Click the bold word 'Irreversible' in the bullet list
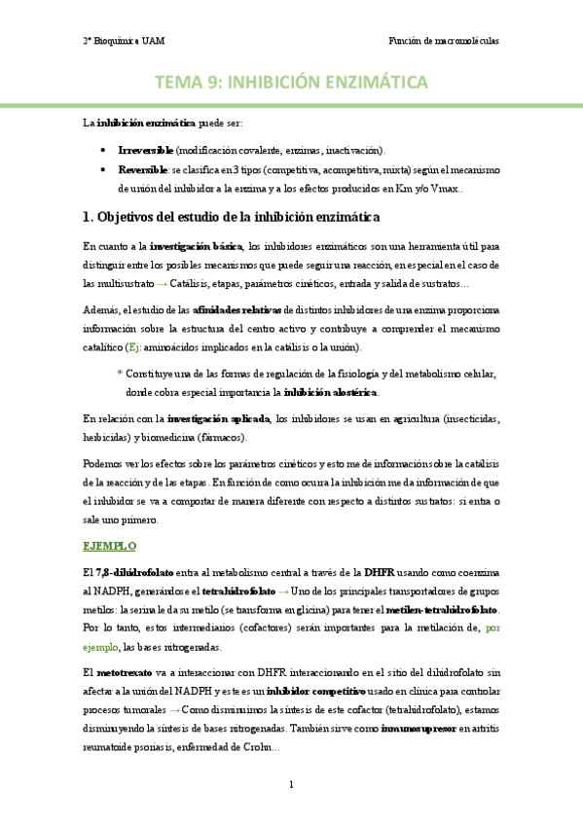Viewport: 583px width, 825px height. (x=145, y=151)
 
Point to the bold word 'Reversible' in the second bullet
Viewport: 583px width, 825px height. (x=142, y=169)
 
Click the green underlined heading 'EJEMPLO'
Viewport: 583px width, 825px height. (x=110, y=547)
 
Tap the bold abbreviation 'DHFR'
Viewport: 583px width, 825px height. (x=381, y=570)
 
